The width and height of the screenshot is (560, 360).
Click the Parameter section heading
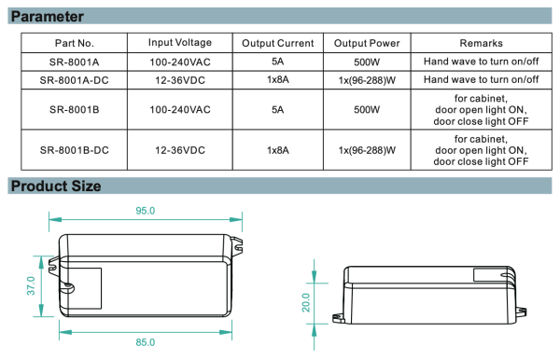point(48,17)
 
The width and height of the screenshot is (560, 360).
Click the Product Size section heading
point(56,186)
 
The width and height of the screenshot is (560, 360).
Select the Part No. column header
point(75,43)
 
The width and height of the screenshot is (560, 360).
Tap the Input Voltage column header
point(180,43)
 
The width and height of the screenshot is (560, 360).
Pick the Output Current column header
point(278,43)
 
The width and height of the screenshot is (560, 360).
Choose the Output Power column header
point(367,43)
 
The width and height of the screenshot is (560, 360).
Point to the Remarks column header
point(481,43)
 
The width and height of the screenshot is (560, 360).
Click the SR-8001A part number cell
point(75,62)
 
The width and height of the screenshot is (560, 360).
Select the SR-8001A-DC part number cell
point(75,80)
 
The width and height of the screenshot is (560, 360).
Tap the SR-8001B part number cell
point(75,109)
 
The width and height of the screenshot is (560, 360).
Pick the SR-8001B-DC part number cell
point(75,150)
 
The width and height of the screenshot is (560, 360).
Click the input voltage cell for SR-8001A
point(180,62)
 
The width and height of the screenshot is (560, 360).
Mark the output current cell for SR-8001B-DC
point(278,150)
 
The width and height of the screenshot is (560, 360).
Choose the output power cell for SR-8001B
point(367,109)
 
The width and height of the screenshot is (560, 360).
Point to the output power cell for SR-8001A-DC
point(367,80)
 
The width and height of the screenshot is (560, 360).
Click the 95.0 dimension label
point(146,211)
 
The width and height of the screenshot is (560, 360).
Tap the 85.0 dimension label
point(146,342)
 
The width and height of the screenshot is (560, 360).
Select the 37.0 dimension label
point(31,285)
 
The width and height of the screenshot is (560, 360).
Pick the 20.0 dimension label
point(306,302)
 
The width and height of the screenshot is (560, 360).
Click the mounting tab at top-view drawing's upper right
point(236,245)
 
